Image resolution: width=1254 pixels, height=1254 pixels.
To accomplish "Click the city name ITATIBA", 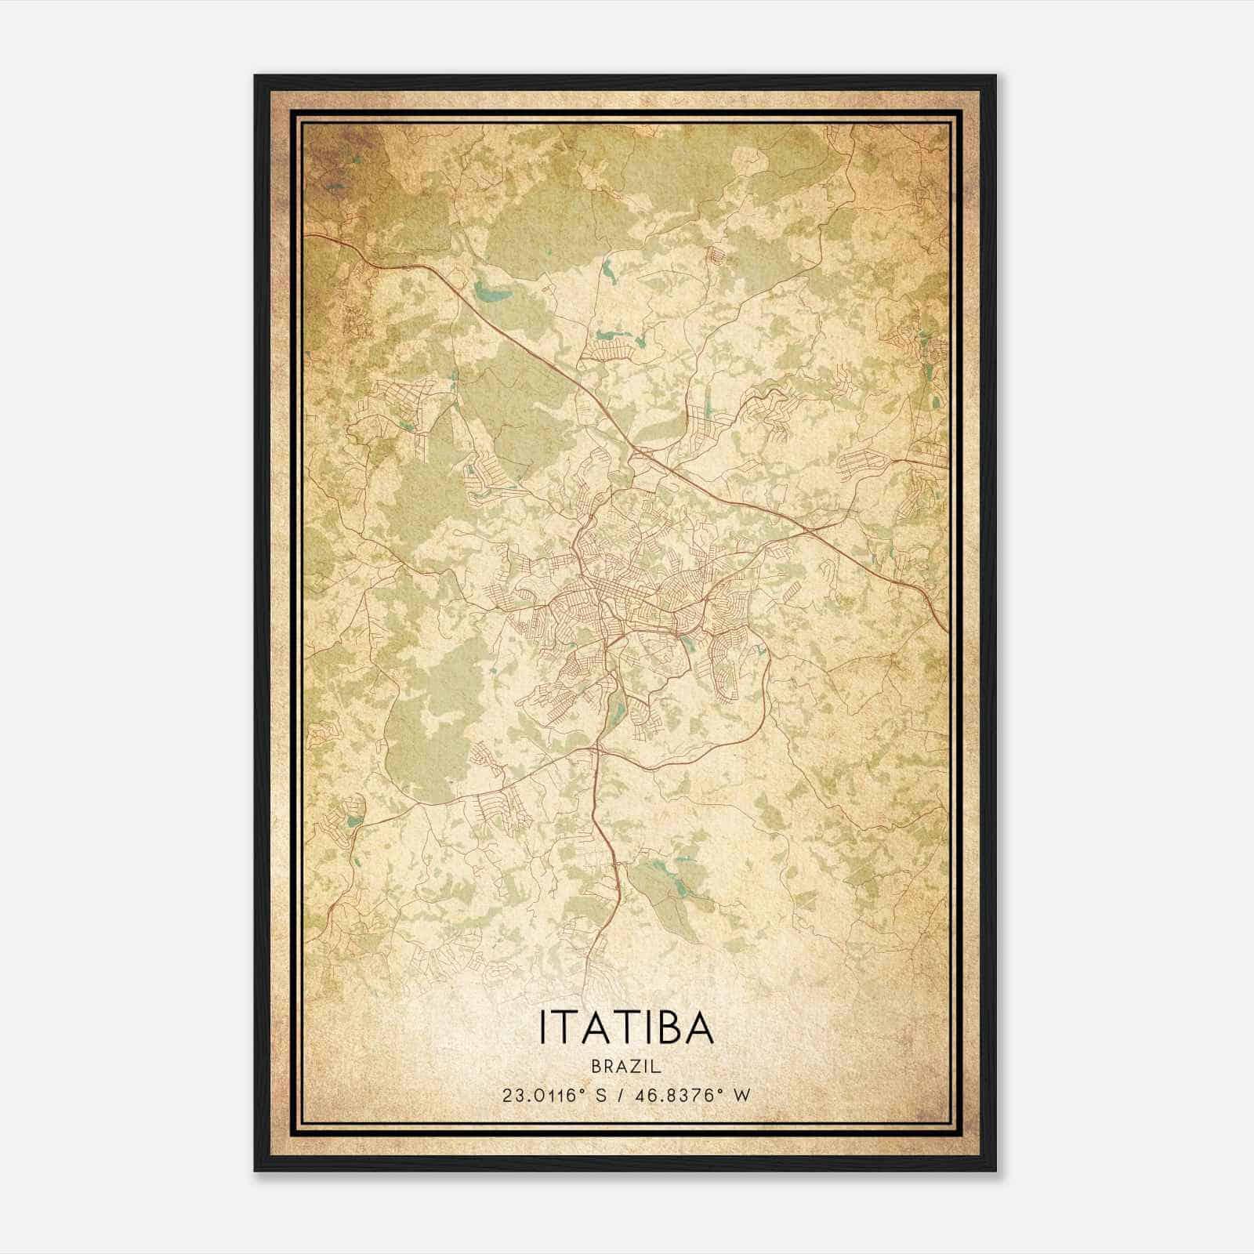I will [x=626, y=1027].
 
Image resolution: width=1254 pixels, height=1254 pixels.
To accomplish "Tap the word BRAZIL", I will [x=626, y=1067].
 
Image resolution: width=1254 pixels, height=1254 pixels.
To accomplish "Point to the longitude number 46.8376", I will [x=678, y=1096].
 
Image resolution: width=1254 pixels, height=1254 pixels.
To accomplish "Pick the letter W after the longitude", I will [x=741, y=1096].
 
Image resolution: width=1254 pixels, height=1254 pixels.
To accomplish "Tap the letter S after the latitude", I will [x=602, y=1096].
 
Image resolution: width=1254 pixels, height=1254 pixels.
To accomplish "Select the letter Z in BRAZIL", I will [x=634, y=1067].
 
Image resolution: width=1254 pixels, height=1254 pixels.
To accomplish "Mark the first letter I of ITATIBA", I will [x=542, y=1027].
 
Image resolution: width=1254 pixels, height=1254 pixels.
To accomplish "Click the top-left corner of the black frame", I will [x=256, y=77].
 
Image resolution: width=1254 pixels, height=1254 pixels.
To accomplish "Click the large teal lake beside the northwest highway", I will [x=491, y=293].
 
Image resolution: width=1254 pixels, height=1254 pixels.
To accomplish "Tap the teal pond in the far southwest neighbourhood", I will [x=353, y=821].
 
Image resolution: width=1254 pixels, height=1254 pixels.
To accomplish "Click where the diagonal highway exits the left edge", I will [x=306, y=234].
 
